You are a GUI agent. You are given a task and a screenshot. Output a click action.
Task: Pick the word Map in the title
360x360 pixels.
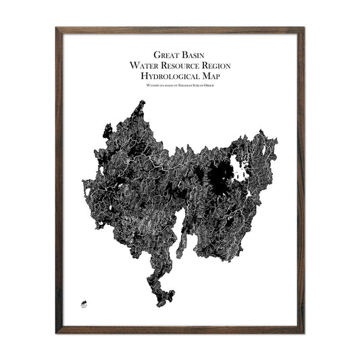pos(212,77)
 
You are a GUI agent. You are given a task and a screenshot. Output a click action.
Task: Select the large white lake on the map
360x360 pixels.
pos(237,166)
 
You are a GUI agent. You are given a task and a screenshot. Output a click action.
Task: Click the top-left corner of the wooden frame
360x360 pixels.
pos(57,29)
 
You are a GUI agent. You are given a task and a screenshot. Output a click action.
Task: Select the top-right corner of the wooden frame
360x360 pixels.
pos(302,29)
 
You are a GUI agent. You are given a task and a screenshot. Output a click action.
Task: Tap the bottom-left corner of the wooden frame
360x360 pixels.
pos(57,332)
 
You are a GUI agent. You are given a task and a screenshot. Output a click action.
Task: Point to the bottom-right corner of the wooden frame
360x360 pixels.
pos(302,332)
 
